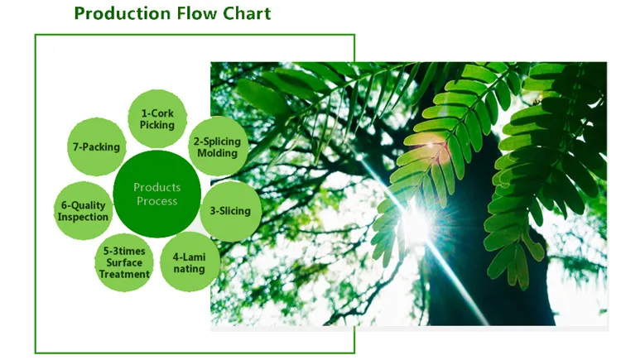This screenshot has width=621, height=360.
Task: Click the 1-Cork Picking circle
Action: (x=157, y=119)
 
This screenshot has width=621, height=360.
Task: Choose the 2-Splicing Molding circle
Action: (x=216, y=146)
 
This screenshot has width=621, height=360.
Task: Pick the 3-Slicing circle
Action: (x=229, y=211)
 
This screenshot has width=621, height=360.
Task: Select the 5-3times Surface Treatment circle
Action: (x=125, y=262)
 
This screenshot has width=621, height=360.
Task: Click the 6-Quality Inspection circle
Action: (x=83, y=211)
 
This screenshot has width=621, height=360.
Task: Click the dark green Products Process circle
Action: (x=156, y=195)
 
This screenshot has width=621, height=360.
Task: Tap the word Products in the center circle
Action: (x=156, y=188)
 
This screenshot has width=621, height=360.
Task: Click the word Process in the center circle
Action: (x=156, y=201)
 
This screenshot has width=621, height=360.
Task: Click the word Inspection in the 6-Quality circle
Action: (x=83, y=217)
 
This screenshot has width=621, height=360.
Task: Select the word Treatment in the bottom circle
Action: (x=125, y=274)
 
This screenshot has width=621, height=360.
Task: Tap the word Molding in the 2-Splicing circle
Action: (x=217, y=153)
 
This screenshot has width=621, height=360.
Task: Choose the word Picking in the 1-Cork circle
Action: (x=157, y=125)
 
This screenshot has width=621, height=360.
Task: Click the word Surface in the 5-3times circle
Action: (x=125, y=262)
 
